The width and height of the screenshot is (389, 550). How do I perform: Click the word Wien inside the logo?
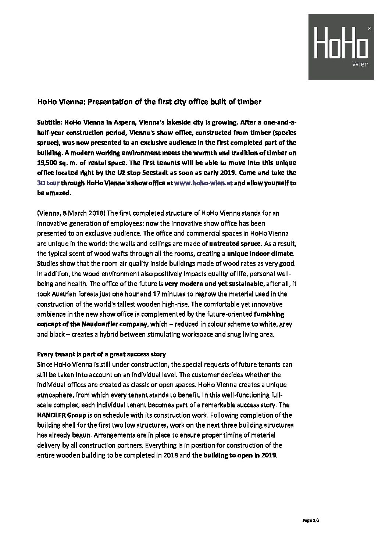[x=360, y=64]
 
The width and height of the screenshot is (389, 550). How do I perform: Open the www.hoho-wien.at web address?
[x=203, y=183]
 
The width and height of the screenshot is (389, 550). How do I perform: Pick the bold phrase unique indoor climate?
[x=261, y=254]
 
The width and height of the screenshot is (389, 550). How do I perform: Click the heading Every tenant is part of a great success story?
[x=101, y=355]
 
